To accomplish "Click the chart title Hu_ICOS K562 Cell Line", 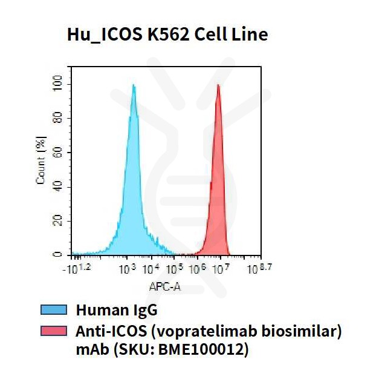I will click(167, 35).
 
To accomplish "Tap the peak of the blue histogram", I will click(134, 86).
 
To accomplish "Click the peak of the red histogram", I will click(218, 86).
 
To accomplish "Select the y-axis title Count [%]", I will click(41, 162).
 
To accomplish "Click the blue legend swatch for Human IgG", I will click(53, 311).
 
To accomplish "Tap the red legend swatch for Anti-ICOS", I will click(53, 331).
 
